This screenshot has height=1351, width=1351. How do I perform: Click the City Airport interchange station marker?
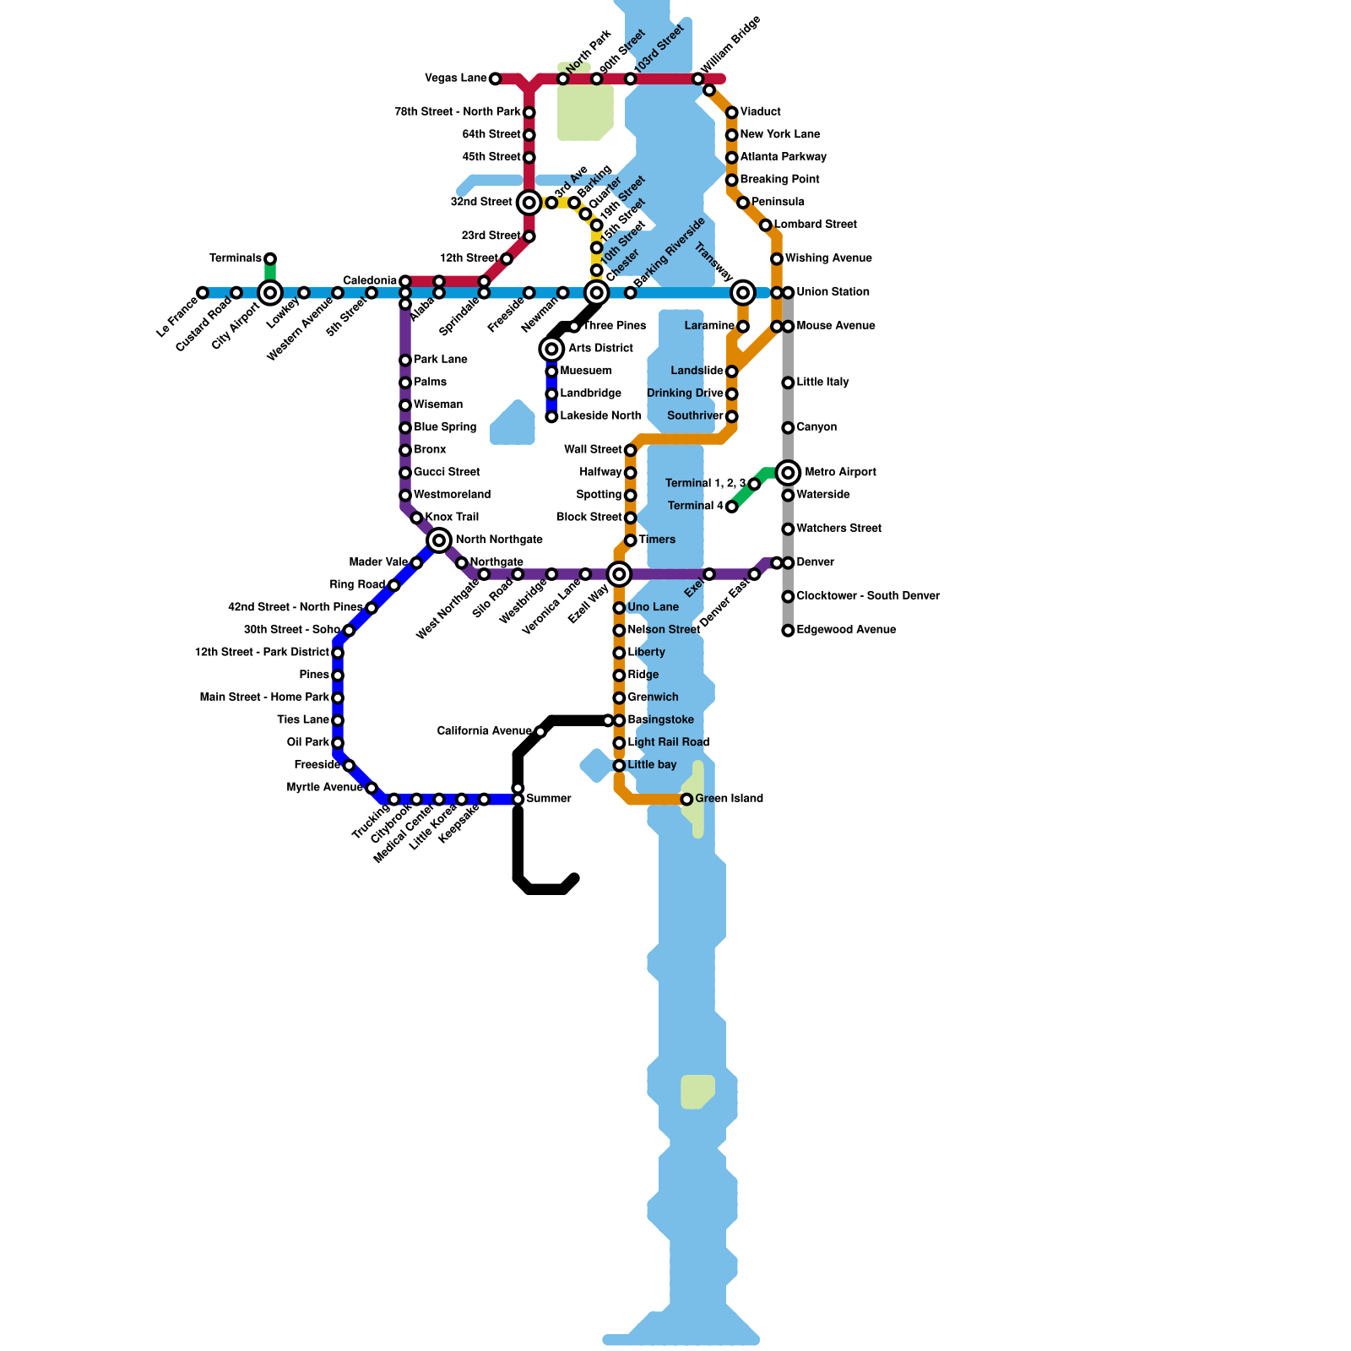tap(270, 293)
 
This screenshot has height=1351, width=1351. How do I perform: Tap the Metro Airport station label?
tap(840, 472)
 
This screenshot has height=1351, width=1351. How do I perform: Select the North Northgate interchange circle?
tap(439, 540)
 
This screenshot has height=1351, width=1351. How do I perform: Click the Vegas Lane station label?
tap(455, 79)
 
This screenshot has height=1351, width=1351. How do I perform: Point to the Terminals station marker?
tap(270, 259)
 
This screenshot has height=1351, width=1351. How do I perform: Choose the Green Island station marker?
tap(686, 800)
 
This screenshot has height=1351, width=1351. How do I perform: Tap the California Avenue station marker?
tap(540, 732)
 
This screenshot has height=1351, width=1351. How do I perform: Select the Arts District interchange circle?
tap(551, 349)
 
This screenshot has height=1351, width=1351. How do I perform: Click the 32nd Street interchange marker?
tap(529, 203)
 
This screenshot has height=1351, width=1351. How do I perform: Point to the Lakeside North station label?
tap(600, 415)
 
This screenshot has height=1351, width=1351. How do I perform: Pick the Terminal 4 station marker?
tap(732, 507)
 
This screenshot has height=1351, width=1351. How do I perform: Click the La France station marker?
tap(203, 293)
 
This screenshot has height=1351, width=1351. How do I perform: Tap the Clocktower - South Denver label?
tap(867, 596)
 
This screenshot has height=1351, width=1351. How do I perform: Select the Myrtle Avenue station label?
tap(324, 787)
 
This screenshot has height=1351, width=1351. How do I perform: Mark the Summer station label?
tap(549, 799)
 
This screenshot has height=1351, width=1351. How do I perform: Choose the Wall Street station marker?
tap(631, 450)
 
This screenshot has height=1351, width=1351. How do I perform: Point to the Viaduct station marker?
tap(732, 112)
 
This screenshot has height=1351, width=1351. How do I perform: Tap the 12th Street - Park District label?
tap(262, 652)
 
